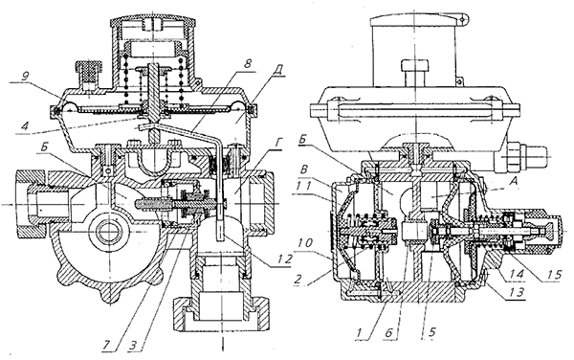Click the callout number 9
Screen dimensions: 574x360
point(25,77)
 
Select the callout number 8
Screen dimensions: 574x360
point(248,64)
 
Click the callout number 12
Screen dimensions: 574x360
point(285,259)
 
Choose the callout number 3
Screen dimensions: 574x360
point(134,346)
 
